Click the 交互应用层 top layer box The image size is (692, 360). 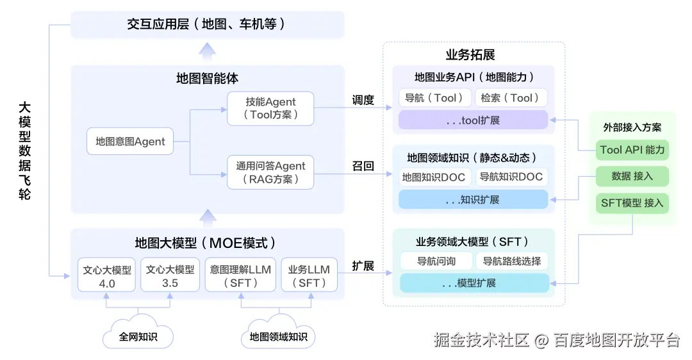click(207, 24)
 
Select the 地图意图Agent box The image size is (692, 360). click(130, 142)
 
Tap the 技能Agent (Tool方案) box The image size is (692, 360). click(270, 108)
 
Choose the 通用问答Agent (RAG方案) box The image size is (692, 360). click(270, 172)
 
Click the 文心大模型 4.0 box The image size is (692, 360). click(107, 275)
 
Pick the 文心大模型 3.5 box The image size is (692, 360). click(170, 275)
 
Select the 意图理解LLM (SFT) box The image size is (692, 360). click(240, 275)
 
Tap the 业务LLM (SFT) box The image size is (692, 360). click(309, 275)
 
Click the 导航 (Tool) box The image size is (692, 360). click(434, 98)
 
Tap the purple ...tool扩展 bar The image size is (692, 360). click(474, 120)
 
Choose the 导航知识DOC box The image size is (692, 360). click(511, 177)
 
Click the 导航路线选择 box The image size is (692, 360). click(511, 261)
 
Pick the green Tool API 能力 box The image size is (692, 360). click(632, 150)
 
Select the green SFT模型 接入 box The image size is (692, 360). click(632, 203)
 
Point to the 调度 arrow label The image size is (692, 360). click(363, 100)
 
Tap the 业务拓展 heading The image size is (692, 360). click(470, 54)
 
